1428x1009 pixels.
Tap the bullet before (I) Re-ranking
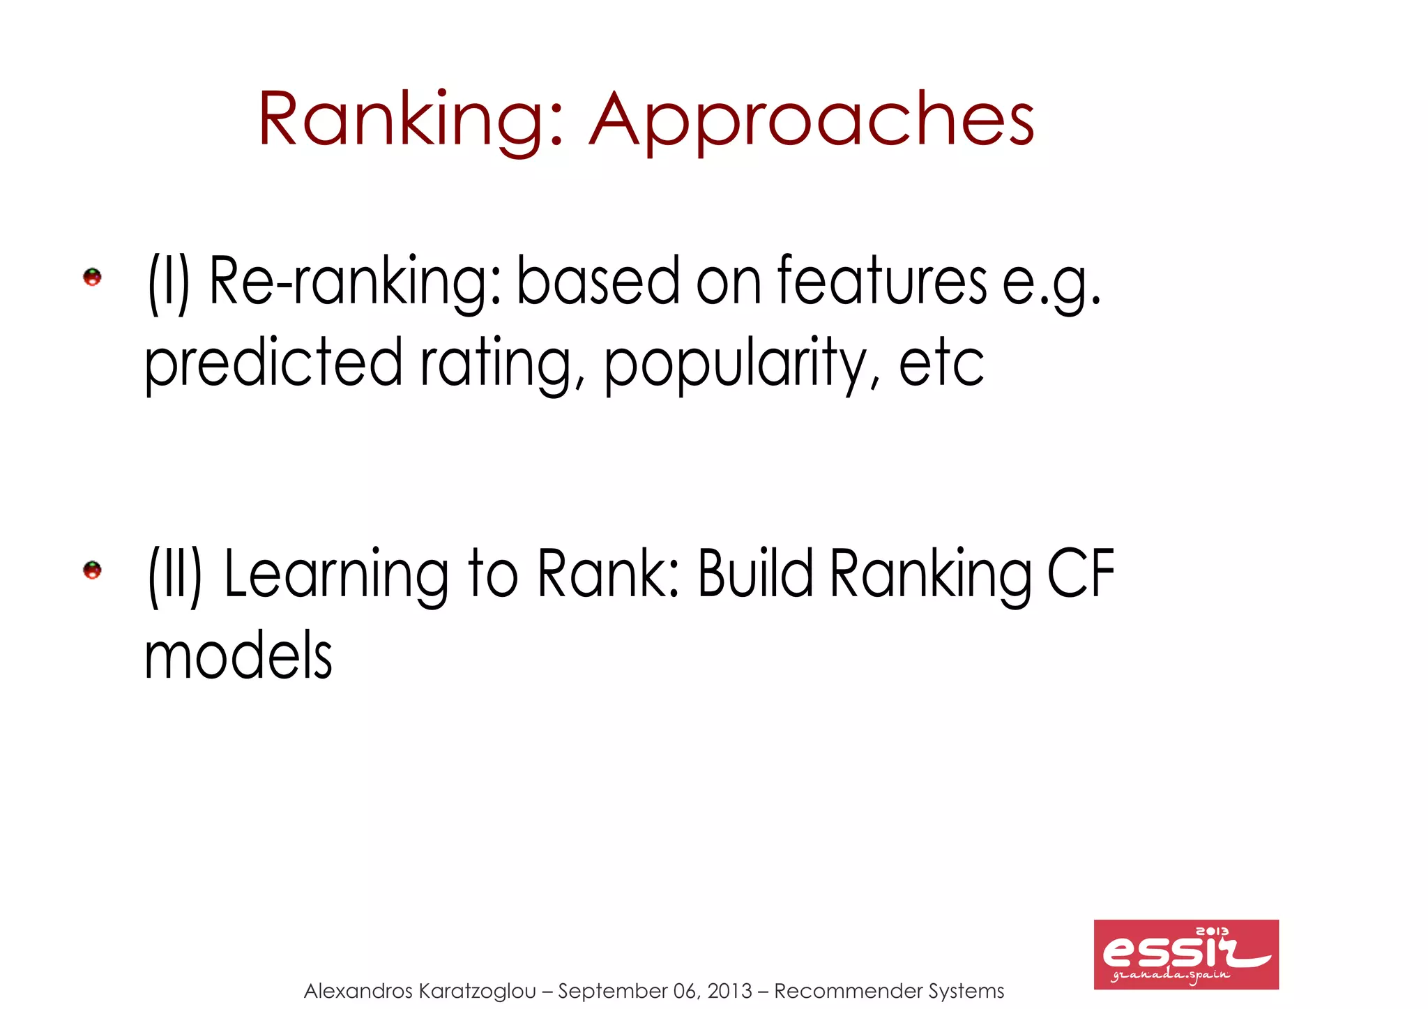[93, 278]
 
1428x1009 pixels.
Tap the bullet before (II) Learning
[93, 570]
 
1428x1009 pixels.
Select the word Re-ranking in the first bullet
[354, 281]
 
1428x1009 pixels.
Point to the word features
[882, 280]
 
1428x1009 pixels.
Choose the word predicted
[273, 363]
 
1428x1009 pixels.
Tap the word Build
[755, 572]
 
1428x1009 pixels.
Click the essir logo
[1186, 954]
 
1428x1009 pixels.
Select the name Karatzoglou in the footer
[478, 991]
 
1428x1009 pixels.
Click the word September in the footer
[612, 991]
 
